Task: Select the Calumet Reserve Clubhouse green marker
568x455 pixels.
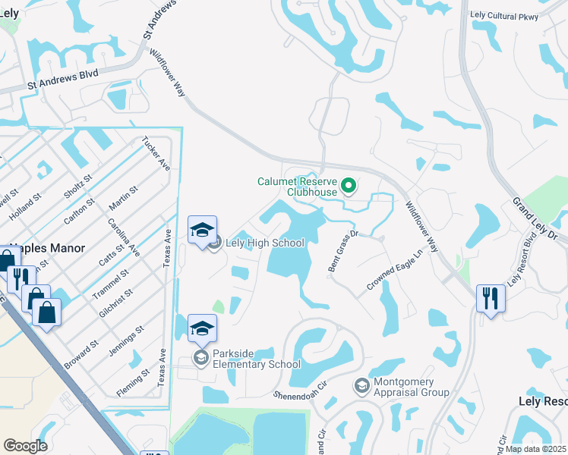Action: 349,184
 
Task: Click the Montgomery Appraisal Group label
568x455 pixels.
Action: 411,387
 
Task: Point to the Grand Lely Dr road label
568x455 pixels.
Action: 535,220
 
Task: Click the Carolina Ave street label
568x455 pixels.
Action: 125,237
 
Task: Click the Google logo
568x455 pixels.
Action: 25,445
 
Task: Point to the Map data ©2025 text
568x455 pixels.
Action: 535,449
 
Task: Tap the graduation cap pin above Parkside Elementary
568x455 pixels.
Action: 203,328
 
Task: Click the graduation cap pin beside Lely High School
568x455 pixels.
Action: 203,231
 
